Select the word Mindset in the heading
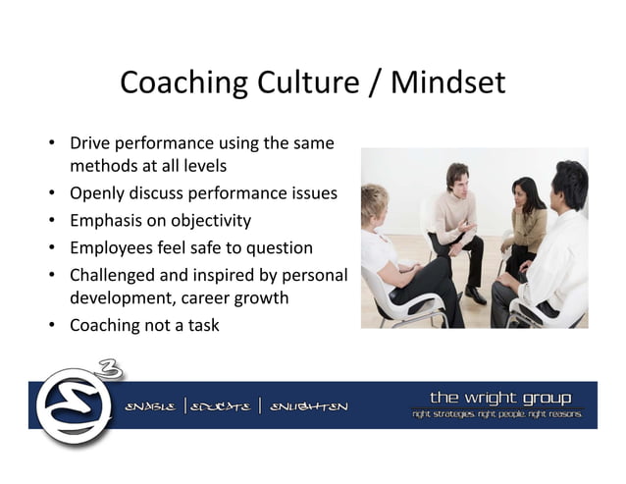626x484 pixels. pyautogui.click(x=447, y=83)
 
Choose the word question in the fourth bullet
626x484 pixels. pyautogui.click(x=278, y=246)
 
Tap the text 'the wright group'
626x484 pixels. pyautogui.click(x=499, y=397)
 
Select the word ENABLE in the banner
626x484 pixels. pyautogui.click(x=151, y=406)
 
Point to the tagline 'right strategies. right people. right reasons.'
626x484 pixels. pyautogui.click(x=496, y=414)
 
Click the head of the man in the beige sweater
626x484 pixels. pyautogui.click(x=457, y=178)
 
